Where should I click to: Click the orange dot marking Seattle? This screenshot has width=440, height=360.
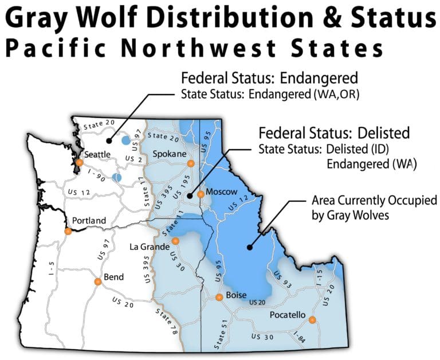[78, 163]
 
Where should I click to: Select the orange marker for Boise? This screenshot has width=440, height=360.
[219, 297]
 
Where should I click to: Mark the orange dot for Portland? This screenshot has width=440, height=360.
[68, 231]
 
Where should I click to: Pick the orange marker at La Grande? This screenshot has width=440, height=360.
[175, 241]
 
